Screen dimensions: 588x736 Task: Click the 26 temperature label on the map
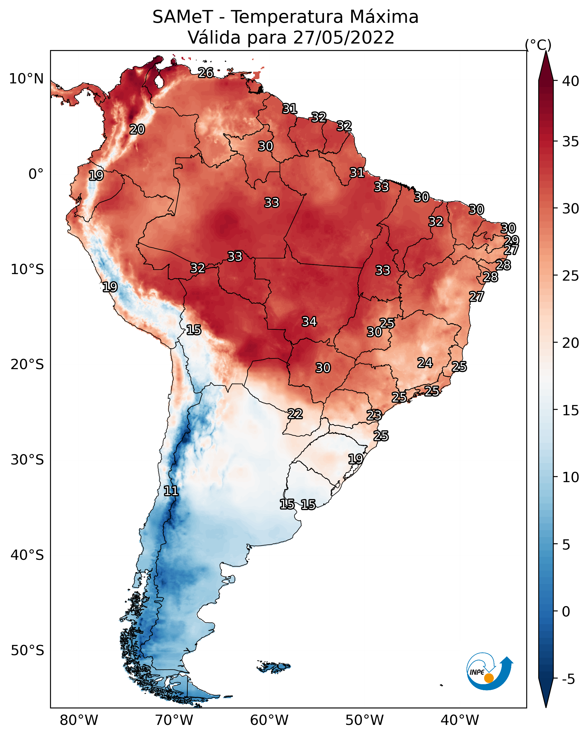pyautogui.click(x=206, y=73)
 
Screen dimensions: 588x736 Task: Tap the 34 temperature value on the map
pyautogui.click(x=309, y=322)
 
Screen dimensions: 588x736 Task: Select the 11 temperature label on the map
pyautogui.click(x=171, y=491)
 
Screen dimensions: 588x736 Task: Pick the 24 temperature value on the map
pyautogui.click(x=425, y=363)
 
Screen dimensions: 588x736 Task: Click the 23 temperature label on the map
pyautogui.click(x=374, y=415)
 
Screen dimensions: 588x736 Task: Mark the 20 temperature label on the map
pyautogui.click(x=137, y=129)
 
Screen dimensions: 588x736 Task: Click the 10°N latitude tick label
pyautogui.click(x=26, y=79)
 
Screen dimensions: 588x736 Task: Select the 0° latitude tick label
pyautogui.click(x=36, y=174)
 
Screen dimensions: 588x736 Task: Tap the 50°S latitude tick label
pyautogui.click(x=27, y=651)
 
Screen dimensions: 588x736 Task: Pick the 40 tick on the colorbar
pyautogui.click(x=571, y=81)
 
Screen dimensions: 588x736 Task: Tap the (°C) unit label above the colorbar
pyautogui.click(x=538, y=45)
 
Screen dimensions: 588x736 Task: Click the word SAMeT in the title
pyautogui.click(x=183, y=17)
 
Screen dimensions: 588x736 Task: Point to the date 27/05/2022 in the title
pyautogui.click(x=344, y=37)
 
